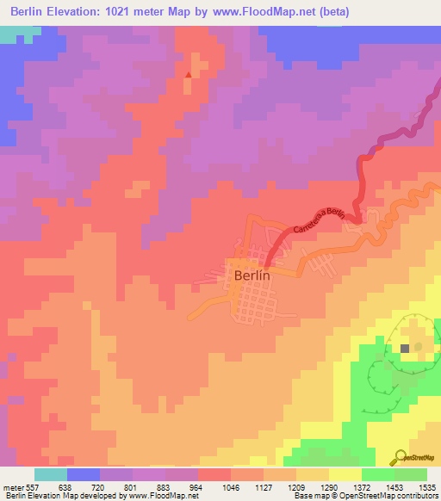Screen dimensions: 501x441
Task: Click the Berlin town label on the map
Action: tap(252, 276)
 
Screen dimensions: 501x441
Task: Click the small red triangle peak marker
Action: tap(188, 74)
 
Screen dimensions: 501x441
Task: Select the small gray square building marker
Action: tap(405, 348)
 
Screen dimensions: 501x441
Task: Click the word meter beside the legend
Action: tap(13, 486)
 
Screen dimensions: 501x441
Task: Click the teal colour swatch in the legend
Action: tap(51, 474)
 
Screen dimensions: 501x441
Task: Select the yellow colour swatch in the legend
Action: tap(345, 474)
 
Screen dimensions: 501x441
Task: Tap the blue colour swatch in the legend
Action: tap(84, 474)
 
